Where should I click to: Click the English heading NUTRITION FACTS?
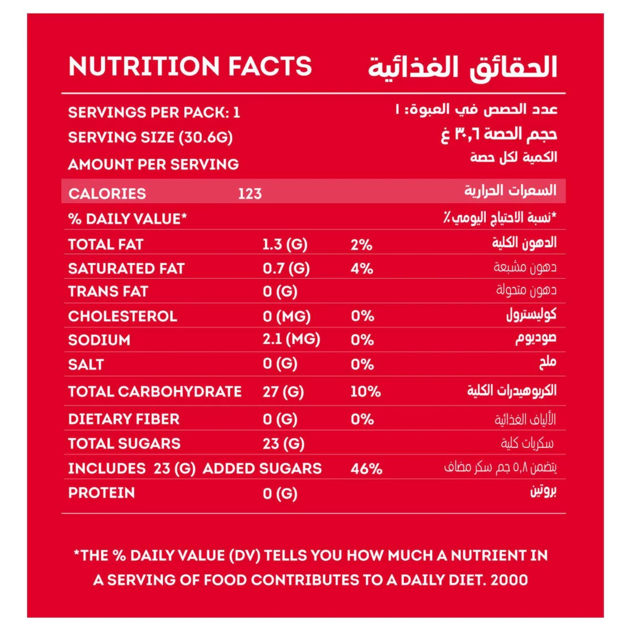tap(190, 67)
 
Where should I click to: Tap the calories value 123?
tap(250, 194)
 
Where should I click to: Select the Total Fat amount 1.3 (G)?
tap(285, 245)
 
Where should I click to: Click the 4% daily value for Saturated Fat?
tap(361, 268)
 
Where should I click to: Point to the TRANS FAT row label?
tap(108, 292)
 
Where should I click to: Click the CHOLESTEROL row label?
tap(122, 317)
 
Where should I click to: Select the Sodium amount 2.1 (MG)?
tap(291, 340)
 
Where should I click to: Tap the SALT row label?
tap(86, 365)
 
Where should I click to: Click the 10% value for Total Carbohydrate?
tap(365, 392)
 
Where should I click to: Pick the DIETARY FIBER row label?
tap(123, 419)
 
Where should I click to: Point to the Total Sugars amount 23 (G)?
tap(283, 444)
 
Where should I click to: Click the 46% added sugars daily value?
tap(366, 469)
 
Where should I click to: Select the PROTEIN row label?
tap(102, 493)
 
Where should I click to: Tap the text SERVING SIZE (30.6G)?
tap(150, 138)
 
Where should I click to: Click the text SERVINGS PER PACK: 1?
tap(154, 112)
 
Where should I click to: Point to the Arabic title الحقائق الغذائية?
tap(462, 68)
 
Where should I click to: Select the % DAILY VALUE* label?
tap(127, 219)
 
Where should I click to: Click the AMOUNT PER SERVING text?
tap(153, 165)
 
